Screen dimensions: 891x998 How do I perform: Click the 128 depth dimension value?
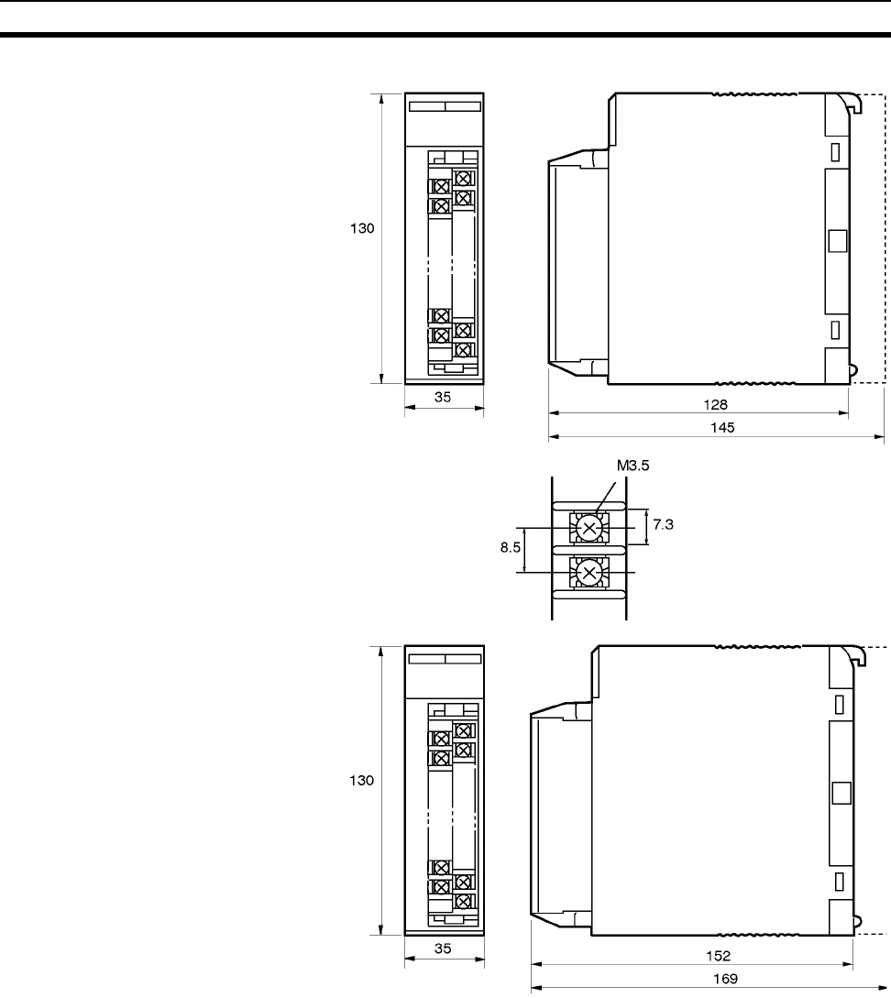click(x=715, y=405)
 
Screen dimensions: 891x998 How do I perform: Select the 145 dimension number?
click(x=722, y=428)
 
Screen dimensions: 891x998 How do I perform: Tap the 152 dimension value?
click(x=719, y=956)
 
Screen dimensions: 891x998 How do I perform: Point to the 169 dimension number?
click(x=725, y=979)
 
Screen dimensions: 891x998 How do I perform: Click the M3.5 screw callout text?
click(x=632, y=466)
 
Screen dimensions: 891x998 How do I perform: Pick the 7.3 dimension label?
click(x=663, y=524)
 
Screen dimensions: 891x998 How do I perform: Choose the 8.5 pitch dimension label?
click(x=511, y=547)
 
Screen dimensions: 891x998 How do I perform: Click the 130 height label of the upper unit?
click(x=362, y=228)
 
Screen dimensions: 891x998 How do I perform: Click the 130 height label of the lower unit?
click(x=361, y=780)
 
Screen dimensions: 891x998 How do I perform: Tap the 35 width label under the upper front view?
click(x=443, y=397)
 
